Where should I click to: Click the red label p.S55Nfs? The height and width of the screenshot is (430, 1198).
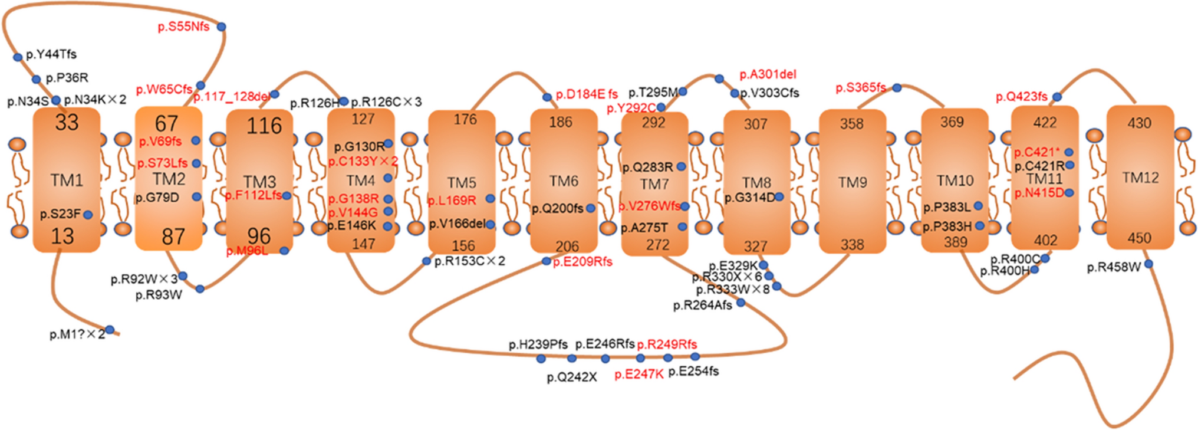tap(183, 27)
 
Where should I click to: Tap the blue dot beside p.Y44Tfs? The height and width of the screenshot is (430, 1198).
tap(18, 57)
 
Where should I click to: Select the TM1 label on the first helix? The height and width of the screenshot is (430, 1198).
tap(67, 180)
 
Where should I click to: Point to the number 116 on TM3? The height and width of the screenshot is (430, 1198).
tap(264, 126)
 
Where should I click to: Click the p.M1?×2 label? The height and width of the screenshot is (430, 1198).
tap(77, 334)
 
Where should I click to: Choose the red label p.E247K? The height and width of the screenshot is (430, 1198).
tap(639, 374)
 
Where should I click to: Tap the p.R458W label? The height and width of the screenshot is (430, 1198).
tap(1114, 267)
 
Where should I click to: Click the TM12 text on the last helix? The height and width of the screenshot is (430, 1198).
tap(1140, 178)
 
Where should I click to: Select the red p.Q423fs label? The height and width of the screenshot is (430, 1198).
tap(1022, 97)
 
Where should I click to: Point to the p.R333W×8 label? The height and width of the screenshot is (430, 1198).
tap(732, 290)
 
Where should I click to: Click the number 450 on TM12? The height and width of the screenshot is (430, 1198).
tap(1139, 238)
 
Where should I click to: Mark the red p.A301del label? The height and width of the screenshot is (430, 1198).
tap(768, 74)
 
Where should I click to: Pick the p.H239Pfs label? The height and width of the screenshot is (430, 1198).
tap(538, 344)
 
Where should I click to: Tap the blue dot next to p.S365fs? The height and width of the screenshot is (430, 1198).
tap(897, 88)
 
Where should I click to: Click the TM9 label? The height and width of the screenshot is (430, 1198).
tap(853, 182)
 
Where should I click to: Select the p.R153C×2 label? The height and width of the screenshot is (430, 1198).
tap(469, 261)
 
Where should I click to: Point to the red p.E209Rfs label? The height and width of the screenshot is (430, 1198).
tap(582, 262)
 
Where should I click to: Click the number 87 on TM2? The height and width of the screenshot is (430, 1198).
tap(173, 237)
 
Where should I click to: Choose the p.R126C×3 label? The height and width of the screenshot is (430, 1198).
tap(386, 102)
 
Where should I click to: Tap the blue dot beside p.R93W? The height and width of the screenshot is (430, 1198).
tap(200, 289)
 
